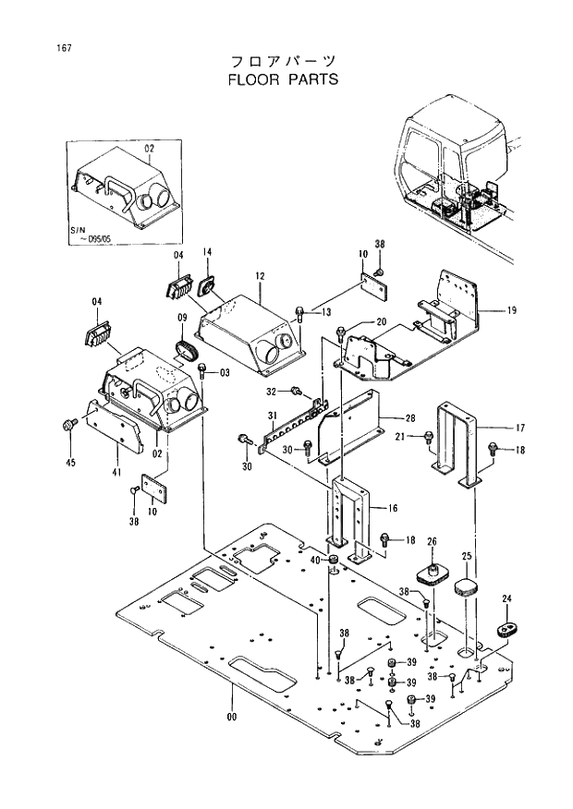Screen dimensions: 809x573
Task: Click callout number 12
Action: (x=261, y=275)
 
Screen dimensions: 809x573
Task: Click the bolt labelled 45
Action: (x=67, y=424)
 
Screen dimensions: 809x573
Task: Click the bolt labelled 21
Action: (x=431, y=437)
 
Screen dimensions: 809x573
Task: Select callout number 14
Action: (x=207, y=252)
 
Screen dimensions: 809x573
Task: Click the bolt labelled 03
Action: (x=202, y=371)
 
